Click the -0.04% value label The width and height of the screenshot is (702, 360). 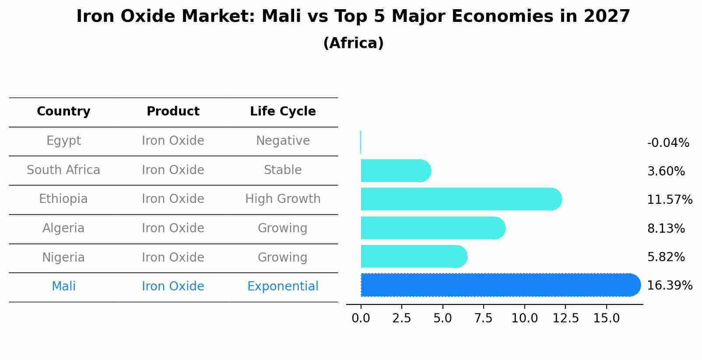(668, 143)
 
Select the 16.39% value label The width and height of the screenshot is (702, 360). (669, 286)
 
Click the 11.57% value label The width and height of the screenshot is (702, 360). (669, 200)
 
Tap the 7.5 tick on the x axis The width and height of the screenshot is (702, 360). (483, 318)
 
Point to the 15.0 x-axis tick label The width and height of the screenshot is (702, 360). (606, 318)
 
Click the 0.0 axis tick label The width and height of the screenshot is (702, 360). (361, 318)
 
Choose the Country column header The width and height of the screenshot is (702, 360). (63, 112)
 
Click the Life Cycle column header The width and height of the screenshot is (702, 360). (283, 112)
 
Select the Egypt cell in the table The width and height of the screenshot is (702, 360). (63, 141)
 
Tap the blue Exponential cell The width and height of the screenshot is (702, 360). (283, 287)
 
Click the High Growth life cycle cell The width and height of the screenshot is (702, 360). (283, 199)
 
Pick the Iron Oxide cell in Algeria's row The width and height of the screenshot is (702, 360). (173, 228)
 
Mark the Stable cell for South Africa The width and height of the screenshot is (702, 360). (283, 170)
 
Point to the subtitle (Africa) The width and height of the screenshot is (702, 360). (353, 43)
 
